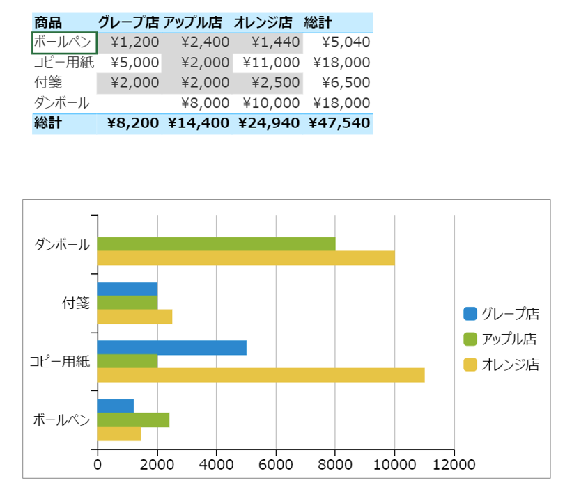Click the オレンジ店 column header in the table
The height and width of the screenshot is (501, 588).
[263, 22]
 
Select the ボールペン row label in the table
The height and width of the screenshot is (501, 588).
[62, 42]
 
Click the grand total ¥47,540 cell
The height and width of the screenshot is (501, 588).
[339, 123]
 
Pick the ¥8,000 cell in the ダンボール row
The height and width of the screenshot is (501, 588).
[205, 103]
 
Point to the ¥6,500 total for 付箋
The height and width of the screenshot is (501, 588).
[346, 83]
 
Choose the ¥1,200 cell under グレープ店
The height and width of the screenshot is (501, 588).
[135, 42]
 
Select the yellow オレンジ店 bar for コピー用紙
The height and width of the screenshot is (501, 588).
[261, 375]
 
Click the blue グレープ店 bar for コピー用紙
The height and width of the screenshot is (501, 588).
[171, 348]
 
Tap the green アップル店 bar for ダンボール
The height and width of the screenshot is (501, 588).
[216, 244]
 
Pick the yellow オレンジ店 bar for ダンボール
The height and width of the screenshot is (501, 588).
[246, 258]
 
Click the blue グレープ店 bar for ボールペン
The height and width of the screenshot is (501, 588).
[115, 406]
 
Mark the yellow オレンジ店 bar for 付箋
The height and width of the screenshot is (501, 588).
[134, 317]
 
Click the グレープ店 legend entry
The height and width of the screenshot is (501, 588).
[502, 314]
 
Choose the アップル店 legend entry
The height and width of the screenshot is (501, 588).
[502, 340]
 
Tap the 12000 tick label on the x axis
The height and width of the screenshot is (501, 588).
[454, 464]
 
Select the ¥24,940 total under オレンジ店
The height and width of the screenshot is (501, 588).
[269, 123]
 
